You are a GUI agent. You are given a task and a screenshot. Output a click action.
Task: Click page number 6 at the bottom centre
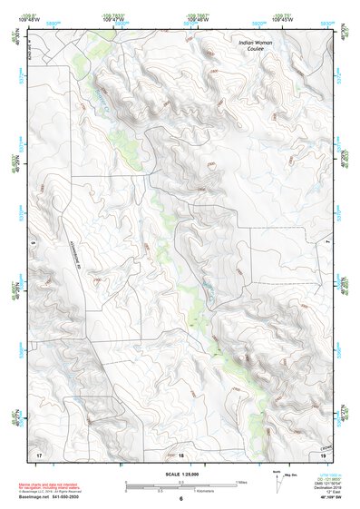180,498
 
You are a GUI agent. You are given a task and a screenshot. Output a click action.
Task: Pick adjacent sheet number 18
180,454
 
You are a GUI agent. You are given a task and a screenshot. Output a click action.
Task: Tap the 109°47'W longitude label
113,19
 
